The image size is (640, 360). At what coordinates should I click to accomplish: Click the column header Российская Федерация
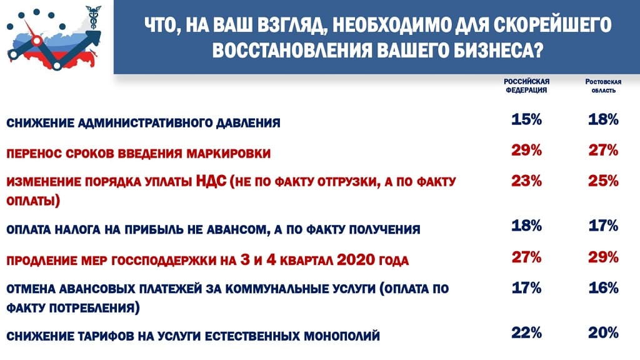click(x=526, y=86)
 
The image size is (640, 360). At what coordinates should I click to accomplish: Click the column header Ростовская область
click(x=603, y=86)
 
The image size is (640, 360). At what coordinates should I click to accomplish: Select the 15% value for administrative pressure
click(x=526, y=119)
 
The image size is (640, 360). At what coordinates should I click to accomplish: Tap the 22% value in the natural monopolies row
click(x=526, y=332)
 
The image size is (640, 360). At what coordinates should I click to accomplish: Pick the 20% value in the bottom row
click(x=603, y=332)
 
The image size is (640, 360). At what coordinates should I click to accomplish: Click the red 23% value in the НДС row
click(x=526, y=181)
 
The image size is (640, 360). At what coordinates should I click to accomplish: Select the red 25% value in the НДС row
click(x=603, y=181)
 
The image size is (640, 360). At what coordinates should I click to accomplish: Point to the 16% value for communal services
click(x=603, y=287)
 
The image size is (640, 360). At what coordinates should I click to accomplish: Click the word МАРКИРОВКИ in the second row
click(x=229, y=154)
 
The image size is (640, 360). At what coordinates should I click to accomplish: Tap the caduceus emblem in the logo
click(x=94, y=17)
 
